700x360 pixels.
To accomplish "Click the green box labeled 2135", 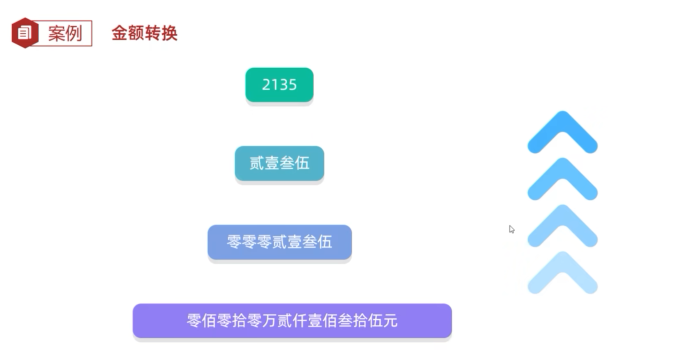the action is (279, 85).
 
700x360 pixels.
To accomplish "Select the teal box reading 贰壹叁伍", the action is (279, 163).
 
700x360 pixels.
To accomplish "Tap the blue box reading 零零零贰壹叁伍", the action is (279, 242).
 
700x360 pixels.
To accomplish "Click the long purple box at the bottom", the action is (292, 321).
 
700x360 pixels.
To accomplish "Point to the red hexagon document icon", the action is (25, 33).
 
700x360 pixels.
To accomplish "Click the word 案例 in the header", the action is (65, 33).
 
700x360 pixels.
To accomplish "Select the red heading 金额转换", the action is (144, 33).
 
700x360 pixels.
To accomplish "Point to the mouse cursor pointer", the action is (511, 229).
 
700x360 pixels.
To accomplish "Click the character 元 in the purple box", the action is (390, 321).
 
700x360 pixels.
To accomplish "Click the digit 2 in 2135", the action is (266, 85).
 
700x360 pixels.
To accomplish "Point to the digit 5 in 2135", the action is (292, 85).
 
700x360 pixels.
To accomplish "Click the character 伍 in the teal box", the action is (302, 163).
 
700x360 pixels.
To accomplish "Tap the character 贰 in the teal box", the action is (257, 163).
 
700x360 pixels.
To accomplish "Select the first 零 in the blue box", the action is (234, 242).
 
